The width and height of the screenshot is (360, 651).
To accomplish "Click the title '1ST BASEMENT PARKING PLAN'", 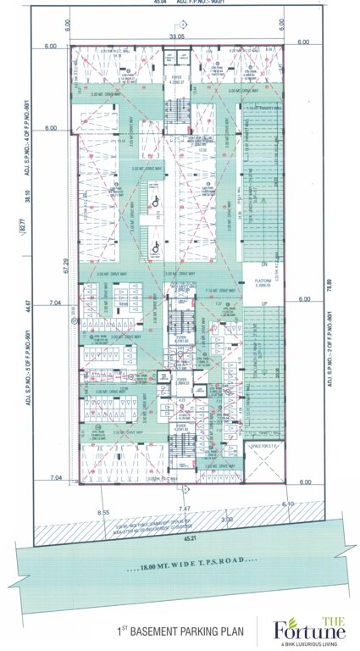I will pyautogui.click(x=180, y=632).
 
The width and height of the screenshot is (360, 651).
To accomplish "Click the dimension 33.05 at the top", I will pyautogui.click(x=176, y=36).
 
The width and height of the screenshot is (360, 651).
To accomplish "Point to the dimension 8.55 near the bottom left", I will pyautogui.click(x=103, y=514).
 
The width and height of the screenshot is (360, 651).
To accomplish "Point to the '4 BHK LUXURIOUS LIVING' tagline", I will pyautogui.click(x=310, y=643).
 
